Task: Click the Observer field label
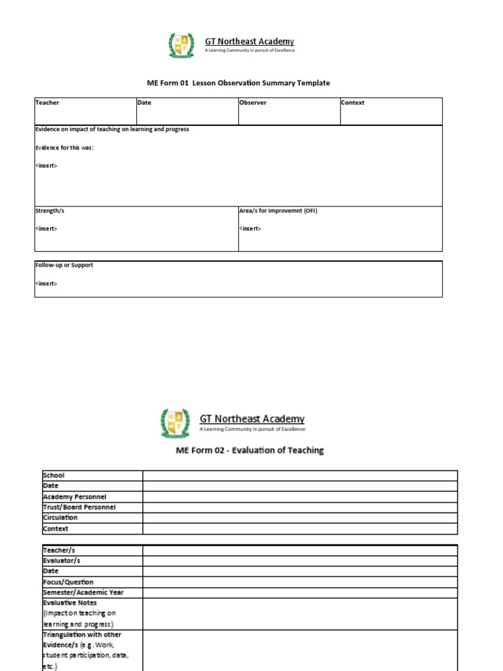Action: point(253,103)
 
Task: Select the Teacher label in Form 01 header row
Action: point(47,103)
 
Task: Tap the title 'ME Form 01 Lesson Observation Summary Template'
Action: point(238,83)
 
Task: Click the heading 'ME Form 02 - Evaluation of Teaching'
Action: point(250,450)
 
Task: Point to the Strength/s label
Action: point(50,211)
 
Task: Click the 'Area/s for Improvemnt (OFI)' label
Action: point(278,211)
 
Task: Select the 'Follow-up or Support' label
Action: point(64,265)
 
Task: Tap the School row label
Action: point(54,475)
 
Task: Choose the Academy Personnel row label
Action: point(74,497)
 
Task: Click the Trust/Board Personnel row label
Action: point(79,507)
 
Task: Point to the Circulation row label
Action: point(60,518)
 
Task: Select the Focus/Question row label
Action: point(68,582)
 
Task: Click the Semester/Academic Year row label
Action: point(83,592)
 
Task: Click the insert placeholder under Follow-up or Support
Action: point(46,284)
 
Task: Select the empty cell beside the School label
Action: point(300,475)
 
